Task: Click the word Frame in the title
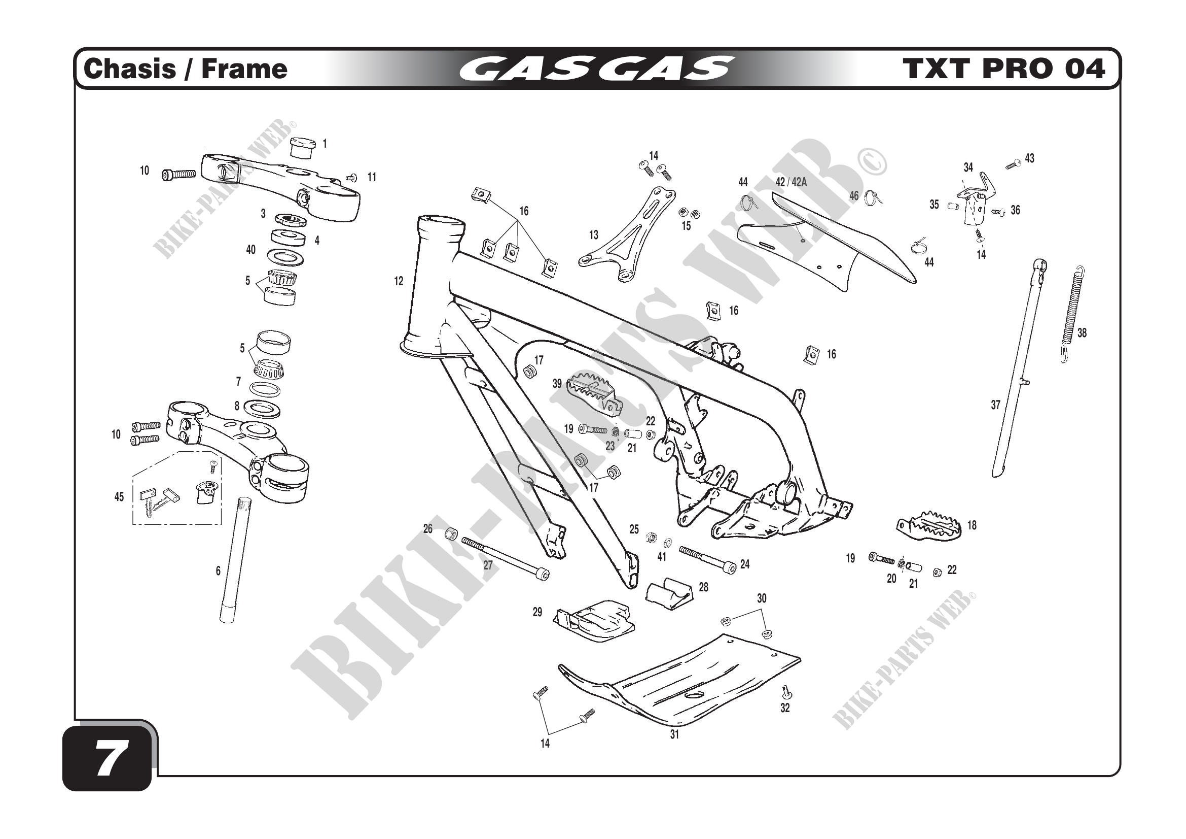244,69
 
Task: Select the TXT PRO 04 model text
1003,69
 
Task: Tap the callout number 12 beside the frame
398,281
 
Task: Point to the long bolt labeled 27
504,558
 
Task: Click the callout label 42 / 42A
791,182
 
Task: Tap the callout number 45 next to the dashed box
119,497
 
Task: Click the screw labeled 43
1013,164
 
